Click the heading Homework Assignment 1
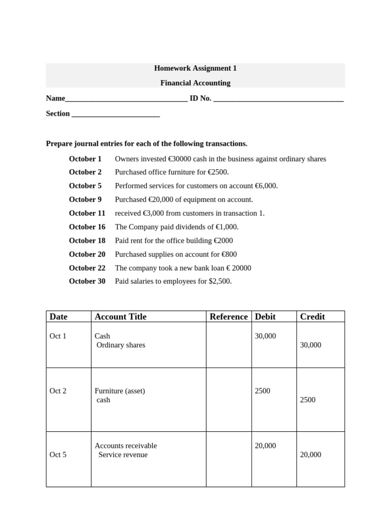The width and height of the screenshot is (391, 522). pyautogui.click(x=195, y=68)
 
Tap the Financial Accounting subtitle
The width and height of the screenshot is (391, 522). pyautogui.click(x=195, y=83)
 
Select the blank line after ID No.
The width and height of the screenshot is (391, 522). pyautogui.click(x=278, y=99)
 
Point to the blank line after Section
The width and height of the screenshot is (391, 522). pyautogui.click(x=116, y=115)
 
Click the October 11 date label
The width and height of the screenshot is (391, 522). pyautogui.click(x=87, y=213)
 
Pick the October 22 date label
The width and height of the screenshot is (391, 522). pyautogui.click(x=87, y=268)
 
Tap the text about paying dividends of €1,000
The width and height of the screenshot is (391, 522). pyautogui.click(x=177, y=227)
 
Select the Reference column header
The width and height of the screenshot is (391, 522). pyautogui.click(x=229, y=317)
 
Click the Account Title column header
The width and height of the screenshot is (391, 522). pyautogui.click(x=120, y=317)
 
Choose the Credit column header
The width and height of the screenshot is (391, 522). pyautogui.click(x=312, y=317)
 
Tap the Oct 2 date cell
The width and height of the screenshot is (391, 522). pyautogui.click(x=58, y=391)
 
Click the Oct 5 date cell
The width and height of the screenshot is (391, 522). pyautogui.click(x=58, y=455)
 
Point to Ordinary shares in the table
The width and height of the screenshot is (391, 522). pyautogui.click(x=121, y=345)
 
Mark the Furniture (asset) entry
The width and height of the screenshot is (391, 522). pyautogui.click(x=120, y=391)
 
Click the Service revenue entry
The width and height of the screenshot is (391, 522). pyautogui.click(x=123, y=455)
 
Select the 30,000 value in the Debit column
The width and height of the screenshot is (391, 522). pyautogui.click(x=265, y=336)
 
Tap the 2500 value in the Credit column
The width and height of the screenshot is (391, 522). pyautogui.click(x=308, y=400)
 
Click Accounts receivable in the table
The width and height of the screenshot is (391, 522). pyautogui.click(x=126, y=446)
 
